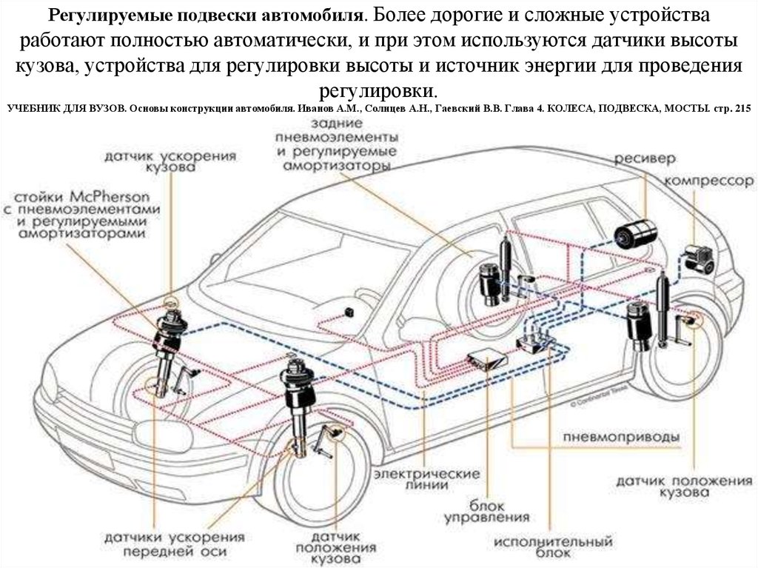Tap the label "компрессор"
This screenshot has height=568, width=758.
708,181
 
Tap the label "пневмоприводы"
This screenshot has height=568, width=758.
621,437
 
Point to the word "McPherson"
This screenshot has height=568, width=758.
112,198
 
